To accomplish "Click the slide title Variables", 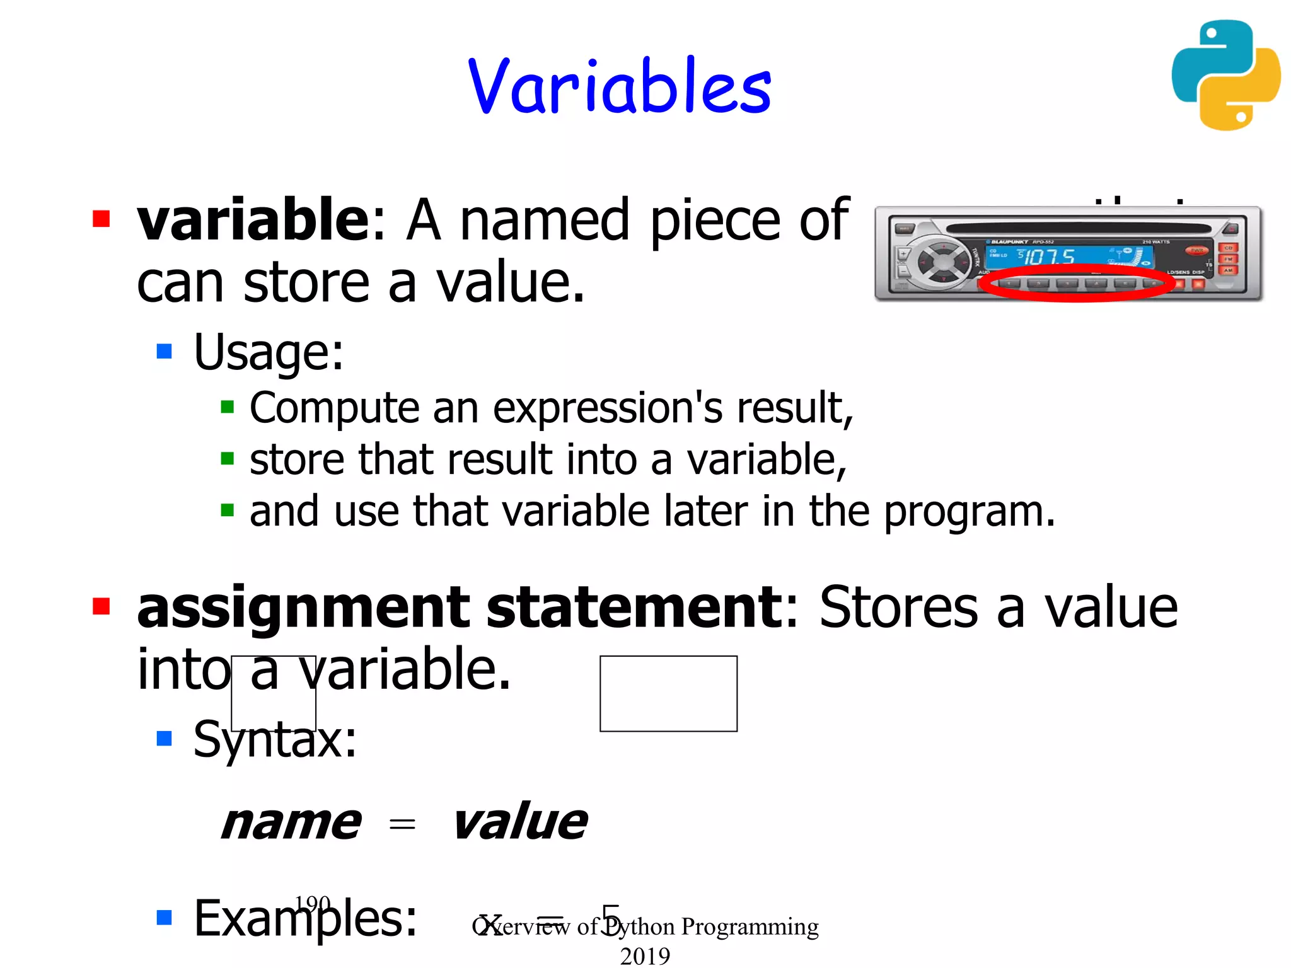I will pyautogui.click(x=620, y=86).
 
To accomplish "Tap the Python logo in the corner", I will pyautogui.click(x=1225, y=75).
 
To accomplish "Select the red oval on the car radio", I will pyautogui.click(x=1077, y=283).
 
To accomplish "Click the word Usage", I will pyautogui.click(x=268, y=352).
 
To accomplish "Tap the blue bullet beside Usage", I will pyautogui.click(x=165, y=351).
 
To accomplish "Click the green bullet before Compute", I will pyautogui.click(x=228, y=406).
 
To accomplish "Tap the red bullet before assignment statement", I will pyautogui.click(x=101, y=606).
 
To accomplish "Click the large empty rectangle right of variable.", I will pyautogui.click(x=668, y=693).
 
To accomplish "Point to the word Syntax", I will pyautogui.click(x=274, y=739).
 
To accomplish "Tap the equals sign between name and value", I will pyautogui.click(x=402, y=823).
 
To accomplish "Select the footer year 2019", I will pyautogui.click(x=645, y=955).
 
